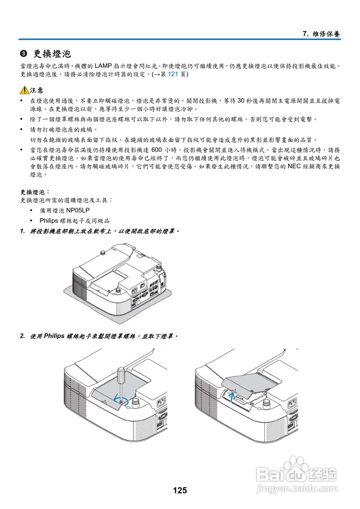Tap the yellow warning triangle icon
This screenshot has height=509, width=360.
point(25,90)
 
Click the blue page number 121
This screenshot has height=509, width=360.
point(173,74)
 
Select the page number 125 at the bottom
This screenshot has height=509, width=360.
point(180,490)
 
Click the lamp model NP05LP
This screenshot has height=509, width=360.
point(78,210)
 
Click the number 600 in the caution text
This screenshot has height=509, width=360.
point(157,150)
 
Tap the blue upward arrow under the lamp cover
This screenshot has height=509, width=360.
point(232,395)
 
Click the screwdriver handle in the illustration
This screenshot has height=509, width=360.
point(120,374)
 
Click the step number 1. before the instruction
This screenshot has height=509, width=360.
point(23,231)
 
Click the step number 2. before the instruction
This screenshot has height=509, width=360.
point(23,336)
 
